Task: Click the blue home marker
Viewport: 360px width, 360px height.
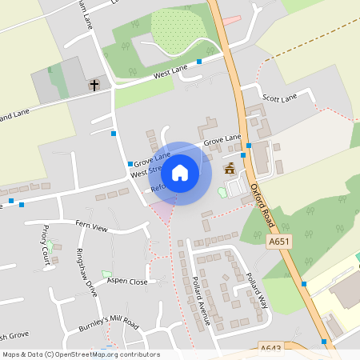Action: [180, 172]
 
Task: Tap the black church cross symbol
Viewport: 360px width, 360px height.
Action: [94, 84]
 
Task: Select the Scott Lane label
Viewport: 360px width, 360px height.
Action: [280, 97]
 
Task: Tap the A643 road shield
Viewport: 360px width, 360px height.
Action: [272, 348]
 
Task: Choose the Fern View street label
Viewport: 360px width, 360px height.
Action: [91, 226]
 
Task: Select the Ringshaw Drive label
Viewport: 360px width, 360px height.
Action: [85, 273]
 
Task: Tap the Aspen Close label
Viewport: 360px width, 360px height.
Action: [127, 282]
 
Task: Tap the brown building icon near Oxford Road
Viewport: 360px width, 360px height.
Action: [230, 168]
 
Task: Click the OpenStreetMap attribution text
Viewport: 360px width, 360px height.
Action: [80, 354]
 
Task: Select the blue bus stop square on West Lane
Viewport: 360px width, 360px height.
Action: [199, 60]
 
